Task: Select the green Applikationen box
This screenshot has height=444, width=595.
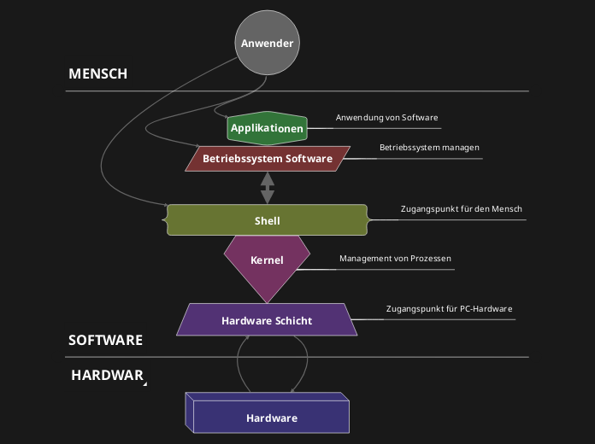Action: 267,129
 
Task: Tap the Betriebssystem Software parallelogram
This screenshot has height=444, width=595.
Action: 267,159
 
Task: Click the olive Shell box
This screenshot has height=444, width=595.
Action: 267,220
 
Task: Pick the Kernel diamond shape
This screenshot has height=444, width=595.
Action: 267,260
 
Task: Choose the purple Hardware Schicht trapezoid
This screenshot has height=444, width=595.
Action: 267,321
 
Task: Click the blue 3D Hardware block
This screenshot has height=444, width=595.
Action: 271,418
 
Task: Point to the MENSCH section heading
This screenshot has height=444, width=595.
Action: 97,74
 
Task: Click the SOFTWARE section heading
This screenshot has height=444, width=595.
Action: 105,341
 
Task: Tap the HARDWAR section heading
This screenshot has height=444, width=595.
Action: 107,375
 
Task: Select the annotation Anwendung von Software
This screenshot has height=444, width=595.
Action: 387,118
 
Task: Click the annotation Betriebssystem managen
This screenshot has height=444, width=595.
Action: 429,148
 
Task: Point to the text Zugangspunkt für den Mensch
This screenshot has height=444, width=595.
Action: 461,209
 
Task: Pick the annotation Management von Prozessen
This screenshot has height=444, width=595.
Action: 394,259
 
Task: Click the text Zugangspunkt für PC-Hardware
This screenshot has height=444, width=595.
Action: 449,309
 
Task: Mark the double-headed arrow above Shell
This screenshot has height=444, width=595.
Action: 268,187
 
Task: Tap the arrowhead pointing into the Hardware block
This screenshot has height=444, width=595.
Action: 292,391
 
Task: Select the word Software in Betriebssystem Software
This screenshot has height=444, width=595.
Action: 309,159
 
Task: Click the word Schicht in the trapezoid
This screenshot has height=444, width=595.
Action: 293,321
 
